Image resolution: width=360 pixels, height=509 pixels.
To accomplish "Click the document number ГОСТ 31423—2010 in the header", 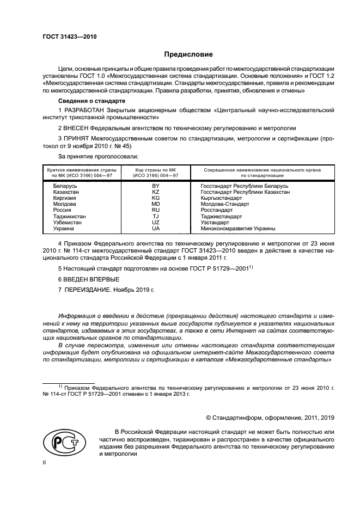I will [x=66, y=37].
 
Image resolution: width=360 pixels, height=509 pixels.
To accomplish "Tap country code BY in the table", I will [x=156, y=186].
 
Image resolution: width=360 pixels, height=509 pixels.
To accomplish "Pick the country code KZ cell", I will [x=156, y=192].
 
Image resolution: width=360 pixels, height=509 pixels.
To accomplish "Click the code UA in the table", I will [x=156, y=228].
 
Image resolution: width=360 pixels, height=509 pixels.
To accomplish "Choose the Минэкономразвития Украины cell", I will [x=238, y=228].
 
